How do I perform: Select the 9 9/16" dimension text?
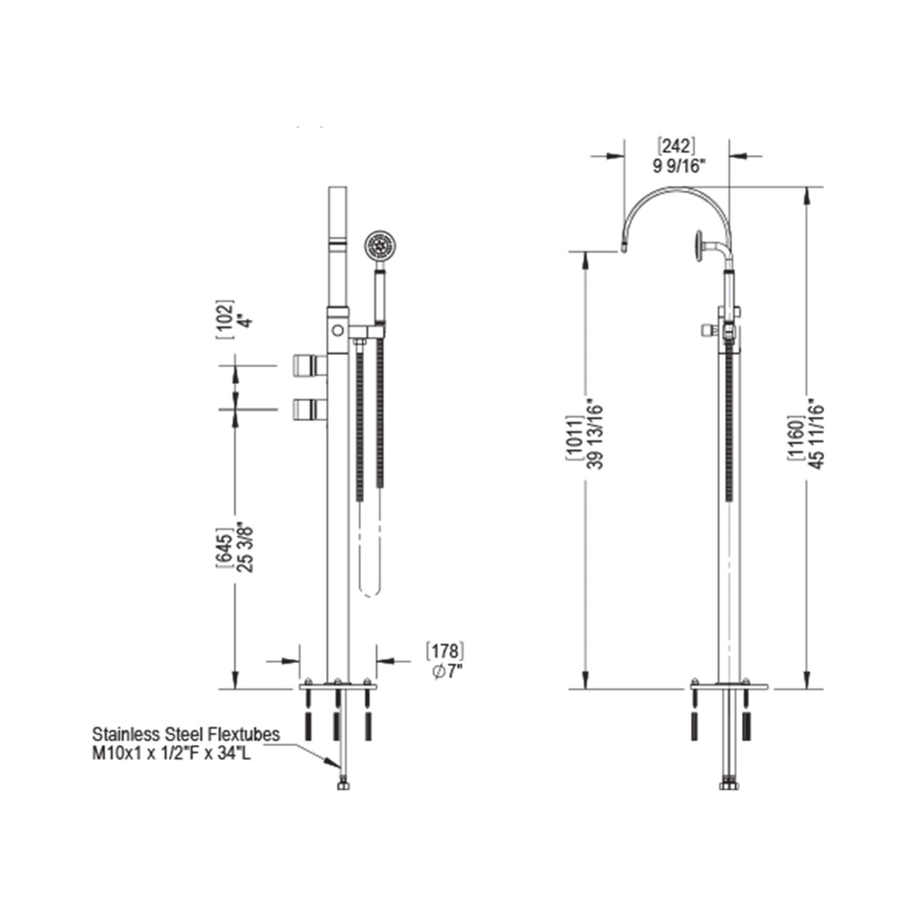pyautogui.click(x=679, y=166)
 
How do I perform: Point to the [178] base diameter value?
pyautogui.click(x=444, y=652)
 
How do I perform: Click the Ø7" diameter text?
pyautogui.click(x=446, y=672)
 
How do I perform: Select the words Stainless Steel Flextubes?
pyautogui.click(x=186, y=734)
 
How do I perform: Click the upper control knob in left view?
pyautogui.click(x=307, y=366)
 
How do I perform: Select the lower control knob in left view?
pyautogui.click(x=307, y=410)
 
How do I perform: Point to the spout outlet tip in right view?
pyautogui.click(x=624, y=248)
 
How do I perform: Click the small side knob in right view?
pyautogui.click(x=706, y=329)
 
